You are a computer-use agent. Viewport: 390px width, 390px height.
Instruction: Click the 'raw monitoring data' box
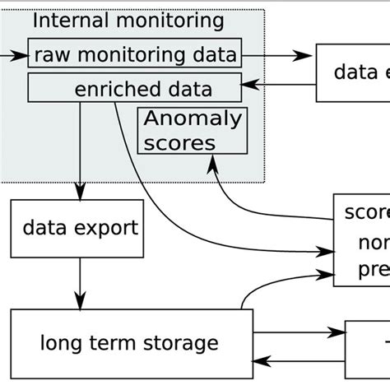(x=135, y=55)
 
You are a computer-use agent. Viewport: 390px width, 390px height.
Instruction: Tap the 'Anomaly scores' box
(x=193, y=131)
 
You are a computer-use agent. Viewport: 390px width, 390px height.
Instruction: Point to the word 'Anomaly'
(x=193, y=119)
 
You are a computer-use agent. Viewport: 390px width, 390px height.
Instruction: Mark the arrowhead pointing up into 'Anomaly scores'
(x=215, y=162)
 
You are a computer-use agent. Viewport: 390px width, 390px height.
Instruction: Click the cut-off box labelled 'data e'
(x=353, y=72)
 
